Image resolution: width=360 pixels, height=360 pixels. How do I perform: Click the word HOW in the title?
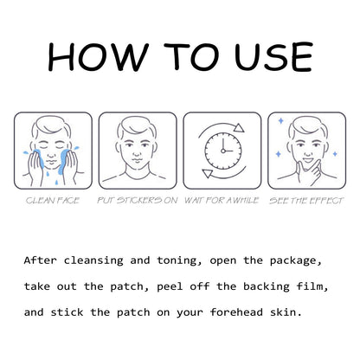pyautogui.click(x=98, y=57)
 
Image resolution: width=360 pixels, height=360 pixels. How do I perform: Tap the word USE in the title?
pyautogui.click(x=273, y=57)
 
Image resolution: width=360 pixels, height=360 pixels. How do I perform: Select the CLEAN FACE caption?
pyautogui.click(x=53, y=201)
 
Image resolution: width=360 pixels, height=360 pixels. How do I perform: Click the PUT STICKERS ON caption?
pyautogui.click(x=138, y=201)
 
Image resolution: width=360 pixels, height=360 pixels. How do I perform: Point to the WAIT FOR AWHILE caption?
pyautogui.click(x=222, y=201)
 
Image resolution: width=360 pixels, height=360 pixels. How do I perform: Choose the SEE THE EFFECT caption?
pyautogui.click(x=306, y=201)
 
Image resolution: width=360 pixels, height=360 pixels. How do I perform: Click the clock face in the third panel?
pyautogui.click(x=223, y=151)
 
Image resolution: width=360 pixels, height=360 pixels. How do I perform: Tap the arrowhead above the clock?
pyautogui.click(x=239, y=128)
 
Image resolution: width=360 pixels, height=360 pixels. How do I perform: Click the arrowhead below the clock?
pyautogui.click(x=208, y=173)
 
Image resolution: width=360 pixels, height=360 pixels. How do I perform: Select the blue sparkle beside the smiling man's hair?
pyautogui.click(x=280, y=120)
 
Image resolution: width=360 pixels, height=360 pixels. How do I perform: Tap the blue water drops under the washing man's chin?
pyautogui.click(x=52, y=178)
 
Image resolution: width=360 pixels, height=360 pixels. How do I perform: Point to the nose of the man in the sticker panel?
pyautogui.click(x=137, y=152)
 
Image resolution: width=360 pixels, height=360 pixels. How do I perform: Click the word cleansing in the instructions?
pyautogui.click(x=93, y=260)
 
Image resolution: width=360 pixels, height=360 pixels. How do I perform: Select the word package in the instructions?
pyautogui.click(x=295, y=261)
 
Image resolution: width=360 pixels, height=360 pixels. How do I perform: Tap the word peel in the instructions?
pyautogui.click(x=170, y=286)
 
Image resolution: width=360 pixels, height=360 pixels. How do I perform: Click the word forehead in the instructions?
pyautogui.click(x=236, y=312)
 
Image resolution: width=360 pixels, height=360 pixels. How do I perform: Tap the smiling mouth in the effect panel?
pyautogui.click(x=308, y=159)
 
